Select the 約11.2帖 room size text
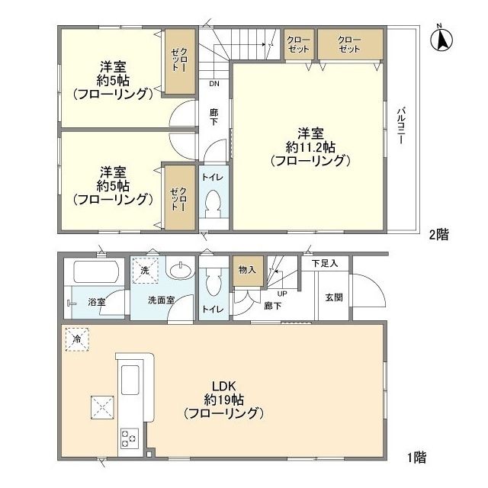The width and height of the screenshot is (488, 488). click(309, 146)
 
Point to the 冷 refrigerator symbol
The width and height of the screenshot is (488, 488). click(77, 337)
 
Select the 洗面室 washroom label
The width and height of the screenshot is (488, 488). click(161, 300)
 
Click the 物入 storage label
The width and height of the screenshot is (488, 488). click(246, 269)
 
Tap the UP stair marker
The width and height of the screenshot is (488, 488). click(282, 293)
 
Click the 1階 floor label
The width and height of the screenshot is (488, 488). click(416, 457)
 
